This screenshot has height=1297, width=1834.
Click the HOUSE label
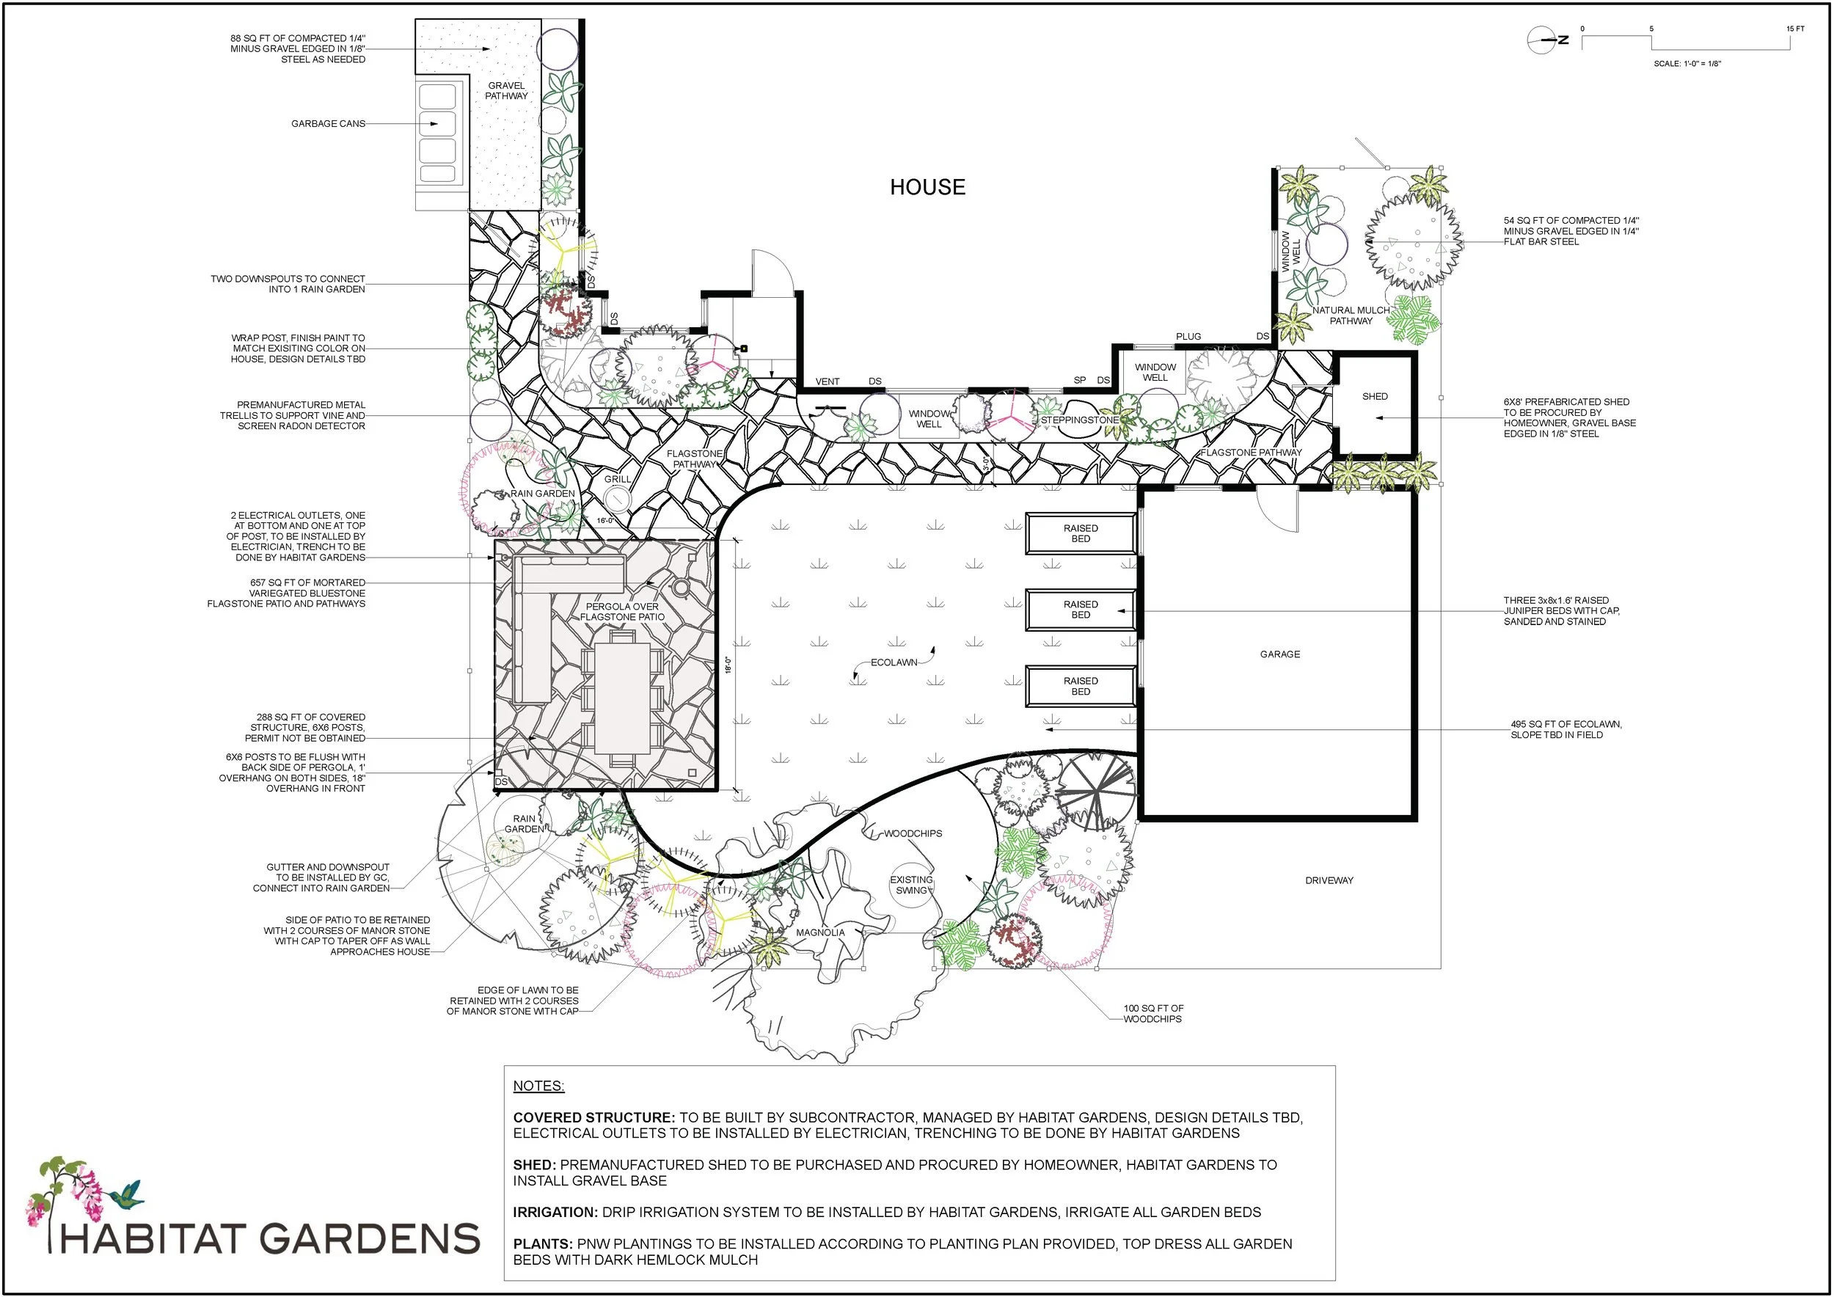tap(927, 187)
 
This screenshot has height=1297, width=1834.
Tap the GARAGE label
tap(1279, 654)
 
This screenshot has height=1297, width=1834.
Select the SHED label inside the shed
tap(1375, 396)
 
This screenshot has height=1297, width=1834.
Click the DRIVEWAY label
tap(1329, 880)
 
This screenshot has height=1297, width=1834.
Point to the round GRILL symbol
tap(617, 500)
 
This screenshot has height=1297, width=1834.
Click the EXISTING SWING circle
tap(910, 885)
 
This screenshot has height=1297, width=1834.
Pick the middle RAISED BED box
tap(1080, 610)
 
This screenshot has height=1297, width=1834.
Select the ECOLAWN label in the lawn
tap(894, 662)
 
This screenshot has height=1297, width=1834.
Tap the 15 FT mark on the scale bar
tap(1795, 29)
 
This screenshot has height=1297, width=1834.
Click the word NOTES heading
tap(538, 1086)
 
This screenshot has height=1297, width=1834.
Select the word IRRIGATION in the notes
tap(555, 1213)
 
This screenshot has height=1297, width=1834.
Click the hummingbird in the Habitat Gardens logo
tap(128, 1195)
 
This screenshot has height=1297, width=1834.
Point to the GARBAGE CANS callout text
tap(327, 124)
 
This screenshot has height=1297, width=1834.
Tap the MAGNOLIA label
tap(819, 932)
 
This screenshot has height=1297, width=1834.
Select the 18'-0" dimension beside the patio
tap(728, 665)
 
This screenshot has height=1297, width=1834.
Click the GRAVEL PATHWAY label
tap(506, 90)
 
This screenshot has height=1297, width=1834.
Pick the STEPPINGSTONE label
tap(1079, 420)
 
